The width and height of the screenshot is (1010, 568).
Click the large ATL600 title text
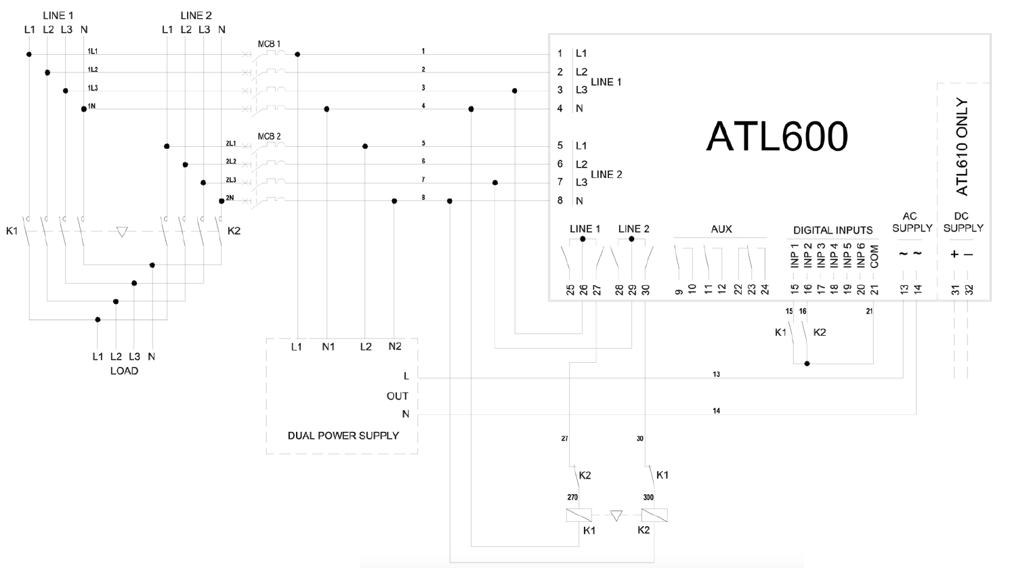[777, 137]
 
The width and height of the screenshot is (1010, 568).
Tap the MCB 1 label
[269, 44]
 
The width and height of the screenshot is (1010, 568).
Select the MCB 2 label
[269, 136]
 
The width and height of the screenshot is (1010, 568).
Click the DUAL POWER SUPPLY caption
[343, 435]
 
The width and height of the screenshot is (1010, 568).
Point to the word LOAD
[124, 370]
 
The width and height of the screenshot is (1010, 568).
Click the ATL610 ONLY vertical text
[962, 147]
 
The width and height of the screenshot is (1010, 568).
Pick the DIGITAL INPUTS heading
[833, 230]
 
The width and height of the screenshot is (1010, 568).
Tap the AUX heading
[721, 229]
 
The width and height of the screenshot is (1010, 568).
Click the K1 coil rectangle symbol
[579, 515]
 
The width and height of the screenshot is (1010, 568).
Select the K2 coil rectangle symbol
[654, 515]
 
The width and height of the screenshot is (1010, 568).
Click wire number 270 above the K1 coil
[572, 497]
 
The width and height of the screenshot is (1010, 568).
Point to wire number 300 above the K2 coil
[648, 497]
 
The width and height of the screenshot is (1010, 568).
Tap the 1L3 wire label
[92, 88]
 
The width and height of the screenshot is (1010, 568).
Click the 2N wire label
[230, 198]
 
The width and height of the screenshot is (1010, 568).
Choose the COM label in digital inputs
[875, 256]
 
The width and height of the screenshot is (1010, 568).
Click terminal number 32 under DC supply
[969, 290]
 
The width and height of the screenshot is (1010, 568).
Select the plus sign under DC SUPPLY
[954, 255]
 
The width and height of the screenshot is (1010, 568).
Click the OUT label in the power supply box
[397, 396]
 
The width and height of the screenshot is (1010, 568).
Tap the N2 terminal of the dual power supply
[394, 346]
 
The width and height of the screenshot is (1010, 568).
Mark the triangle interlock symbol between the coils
[616, 515]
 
